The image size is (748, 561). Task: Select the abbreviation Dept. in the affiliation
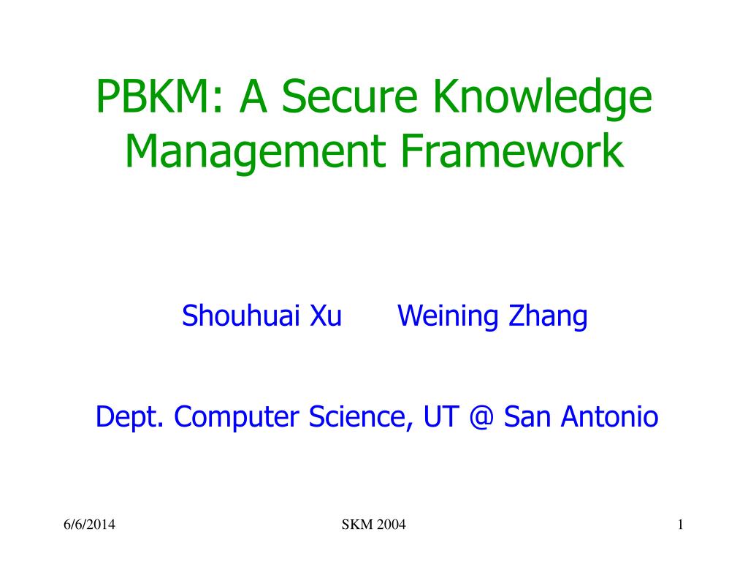click(131, 418)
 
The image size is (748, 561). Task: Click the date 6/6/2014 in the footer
click(89, 525)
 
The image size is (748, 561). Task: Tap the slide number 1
click(679, 525)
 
